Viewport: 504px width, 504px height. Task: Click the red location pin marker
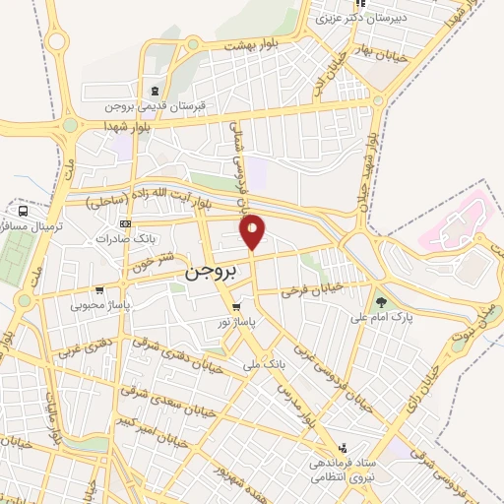click(253, 231)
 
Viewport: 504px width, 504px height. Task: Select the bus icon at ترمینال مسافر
click(22, 210)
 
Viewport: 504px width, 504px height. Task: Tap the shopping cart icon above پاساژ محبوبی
click(99, 290)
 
